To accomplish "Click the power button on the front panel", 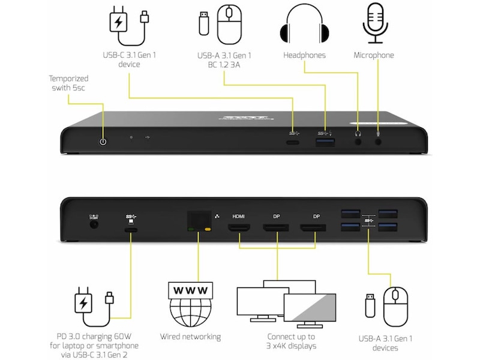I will pos(103,142).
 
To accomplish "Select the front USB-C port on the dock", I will pos(293,143).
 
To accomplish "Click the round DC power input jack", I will pos(94,224).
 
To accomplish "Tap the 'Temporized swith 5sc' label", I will pos(69,83).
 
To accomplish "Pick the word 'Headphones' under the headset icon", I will pos(304,55).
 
